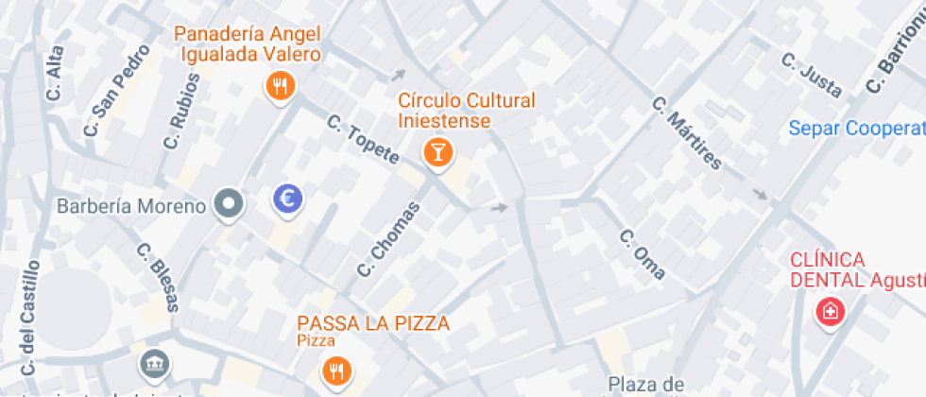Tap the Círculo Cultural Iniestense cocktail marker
point(437,151)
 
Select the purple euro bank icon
point(287,198)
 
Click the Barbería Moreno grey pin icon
point(228,203)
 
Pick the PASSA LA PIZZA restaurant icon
point(335,370)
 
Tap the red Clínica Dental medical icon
point(831,311)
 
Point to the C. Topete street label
point(363,140)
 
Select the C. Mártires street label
point(687,133)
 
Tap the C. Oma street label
point(643,254)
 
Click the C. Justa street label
point(812,74)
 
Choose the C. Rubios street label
point(181,112)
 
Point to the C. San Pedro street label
point(117,90)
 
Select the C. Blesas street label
point(158,278)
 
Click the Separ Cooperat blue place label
point(856,128)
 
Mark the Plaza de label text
point(645,384)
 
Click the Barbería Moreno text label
point(131,206)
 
